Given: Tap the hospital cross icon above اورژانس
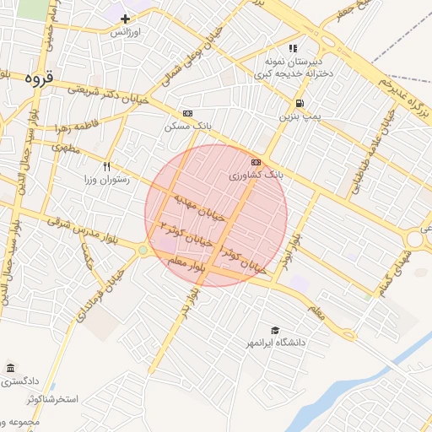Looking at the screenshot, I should [126, 19].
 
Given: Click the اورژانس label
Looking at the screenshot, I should [126, 31].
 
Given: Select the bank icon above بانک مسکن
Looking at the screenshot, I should [187, 113].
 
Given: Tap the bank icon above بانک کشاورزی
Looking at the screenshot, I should [256, 162].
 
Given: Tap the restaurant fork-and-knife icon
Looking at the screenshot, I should [106, 167].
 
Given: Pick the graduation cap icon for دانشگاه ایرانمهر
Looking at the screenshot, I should [275, 330].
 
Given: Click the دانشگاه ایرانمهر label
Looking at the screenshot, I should [275, 343].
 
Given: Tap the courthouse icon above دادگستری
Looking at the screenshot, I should [10, 369].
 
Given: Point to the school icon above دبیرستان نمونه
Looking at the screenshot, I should [293, 49].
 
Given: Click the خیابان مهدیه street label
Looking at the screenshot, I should [200, 208].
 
